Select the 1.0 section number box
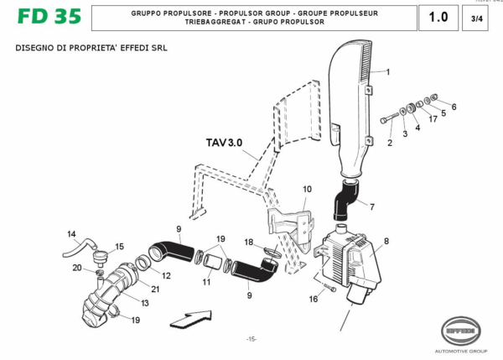pos(438,18)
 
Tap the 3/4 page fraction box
pos(477,18)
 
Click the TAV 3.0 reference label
pos(223,143)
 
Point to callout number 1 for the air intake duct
pos(387,72)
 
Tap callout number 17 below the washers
pos(433,118)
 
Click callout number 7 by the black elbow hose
pos(372,206)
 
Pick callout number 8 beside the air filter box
pos(386,242)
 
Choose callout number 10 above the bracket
pos(307,190)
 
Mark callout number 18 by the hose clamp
pos(248,242)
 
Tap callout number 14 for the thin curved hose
pos(71,234)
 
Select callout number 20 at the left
pos(76,268)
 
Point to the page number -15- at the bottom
pos(251,339)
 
